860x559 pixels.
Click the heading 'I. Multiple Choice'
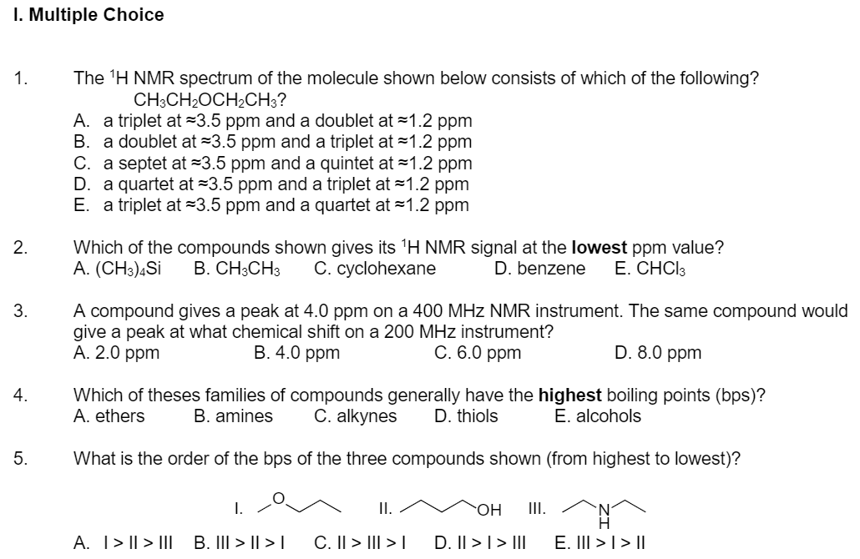88,15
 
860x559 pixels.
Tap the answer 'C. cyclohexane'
375,269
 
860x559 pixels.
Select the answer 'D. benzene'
539,269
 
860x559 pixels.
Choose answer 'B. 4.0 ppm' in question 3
296,353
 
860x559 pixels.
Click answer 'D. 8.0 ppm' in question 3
658,353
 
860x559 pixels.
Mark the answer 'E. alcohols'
598,415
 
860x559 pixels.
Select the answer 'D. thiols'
466,415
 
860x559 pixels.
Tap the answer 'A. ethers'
109,415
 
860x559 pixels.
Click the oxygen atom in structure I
281,498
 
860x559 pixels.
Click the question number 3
19,311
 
